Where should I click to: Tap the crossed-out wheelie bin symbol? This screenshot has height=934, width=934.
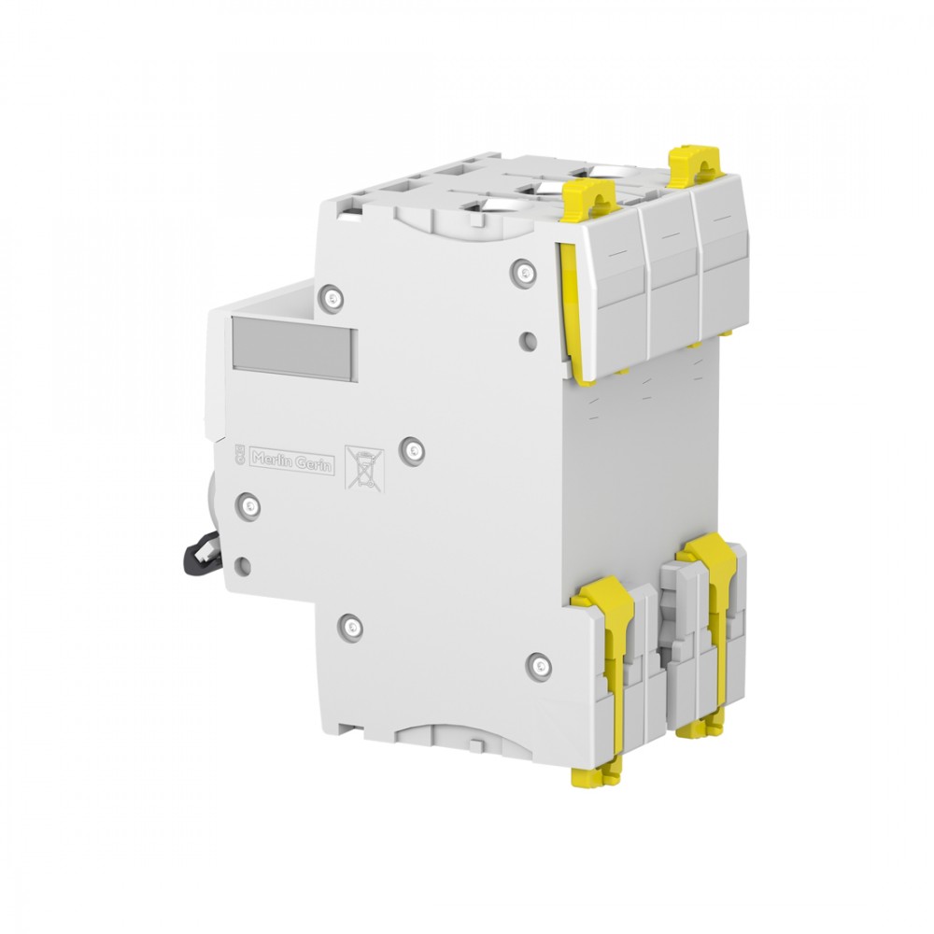(364, 470)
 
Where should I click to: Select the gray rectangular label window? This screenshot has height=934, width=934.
(295, 348)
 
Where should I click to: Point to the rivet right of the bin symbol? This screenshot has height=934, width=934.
(412, 450)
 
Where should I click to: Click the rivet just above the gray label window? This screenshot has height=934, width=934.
(331, 298)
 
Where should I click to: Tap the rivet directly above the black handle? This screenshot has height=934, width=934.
(248, 506)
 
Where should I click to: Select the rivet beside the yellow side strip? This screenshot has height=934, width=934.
(524, 273)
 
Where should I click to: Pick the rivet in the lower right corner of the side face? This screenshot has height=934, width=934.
(540, 665)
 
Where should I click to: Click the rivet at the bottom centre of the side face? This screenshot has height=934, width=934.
(351, 628)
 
